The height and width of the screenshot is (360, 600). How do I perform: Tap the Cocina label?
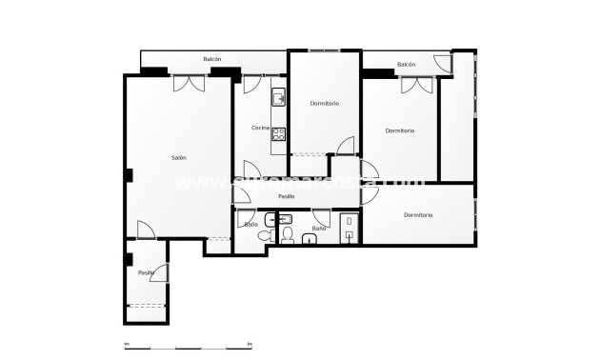(x=260, y=128)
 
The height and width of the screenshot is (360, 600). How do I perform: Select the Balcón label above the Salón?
(x=212, y=60)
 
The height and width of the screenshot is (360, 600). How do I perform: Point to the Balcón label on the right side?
(x=407, y=64)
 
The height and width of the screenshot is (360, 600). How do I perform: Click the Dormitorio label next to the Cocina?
(x=324, y=103)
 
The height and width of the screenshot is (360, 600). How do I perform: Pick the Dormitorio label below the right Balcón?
(x=400, y=130)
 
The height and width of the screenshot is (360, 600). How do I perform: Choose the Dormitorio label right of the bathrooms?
(x=418, y=215)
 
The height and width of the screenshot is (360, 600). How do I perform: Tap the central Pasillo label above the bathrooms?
(x=286, y=196)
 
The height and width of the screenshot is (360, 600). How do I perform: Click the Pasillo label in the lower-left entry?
(x=146, y=272)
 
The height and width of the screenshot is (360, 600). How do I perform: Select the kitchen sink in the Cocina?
(x=278, y=97)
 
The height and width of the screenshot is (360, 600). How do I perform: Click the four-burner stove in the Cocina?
(x=279, y=134)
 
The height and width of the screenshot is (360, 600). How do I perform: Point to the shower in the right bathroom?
(x=350, y=229)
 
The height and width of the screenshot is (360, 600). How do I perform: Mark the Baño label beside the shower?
(x=319, y=229)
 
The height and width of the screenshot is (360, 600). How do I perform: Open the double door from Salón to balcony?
(x=189, y=84)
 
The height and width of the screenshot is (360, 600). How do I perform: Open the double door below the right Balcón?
(x=416, y=85)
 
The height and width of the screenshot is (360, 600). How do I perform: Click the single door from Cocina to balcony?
(x=251, y=85)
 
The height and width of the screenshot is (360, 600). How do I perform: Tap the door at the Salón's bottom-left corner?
(x=146, y=230)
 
